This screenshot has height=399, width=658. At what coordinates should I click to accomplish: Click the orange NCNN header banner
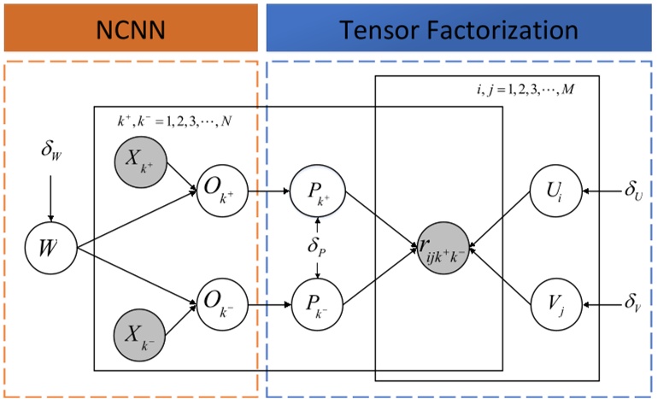click(130, 28)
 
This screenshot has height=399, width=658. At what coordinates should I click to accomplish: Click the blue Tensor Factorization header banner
click(459, 28)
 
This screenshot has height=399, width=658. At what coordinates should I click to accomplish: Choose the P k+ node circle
click(318, 191)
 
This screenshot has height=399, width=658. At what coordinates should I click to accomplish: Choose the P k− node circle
click(318, 303)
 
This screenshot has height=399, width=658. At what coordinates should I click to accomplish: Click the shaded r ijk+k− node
click(442, 248)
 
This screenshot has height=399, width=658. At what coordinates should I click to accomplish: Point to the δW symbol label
click(51, 151)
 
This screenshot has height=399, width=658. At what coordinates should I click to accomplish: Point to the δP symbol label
click(318, 247)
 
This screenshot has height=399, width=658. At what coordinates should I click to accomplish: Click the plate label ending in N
click(174, 120)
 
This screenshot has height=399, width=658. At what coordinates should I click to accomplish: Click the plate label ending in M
click(525, 88)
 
